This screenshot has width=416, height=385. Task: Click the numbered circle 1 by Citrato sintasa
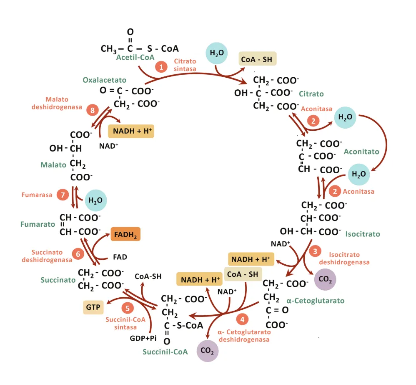tap(160, 66)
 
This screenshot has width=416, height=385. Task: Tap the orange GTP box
tap(93, 307)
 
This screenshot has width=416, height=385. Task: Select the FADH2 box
tap(125, 234)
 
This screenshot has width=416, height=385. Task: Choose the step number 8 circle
tap(92, 111)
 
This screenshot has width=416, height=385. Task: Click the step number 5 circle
tap(128, 308)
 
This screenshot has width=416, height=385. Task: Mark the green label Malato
tap(53, 165)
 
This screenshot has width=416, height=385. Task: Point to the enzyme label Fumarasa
tap(37, 195)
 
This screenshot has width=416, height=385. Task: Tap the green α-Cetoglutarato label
tap(316, 300)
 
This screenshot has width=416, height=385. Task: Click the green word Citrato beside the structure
tap(311, 94)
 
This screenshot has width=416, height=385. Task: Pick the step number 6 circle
tap(77, 253)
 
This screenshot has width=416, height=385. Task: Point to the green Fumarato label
tap(38, 224)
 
